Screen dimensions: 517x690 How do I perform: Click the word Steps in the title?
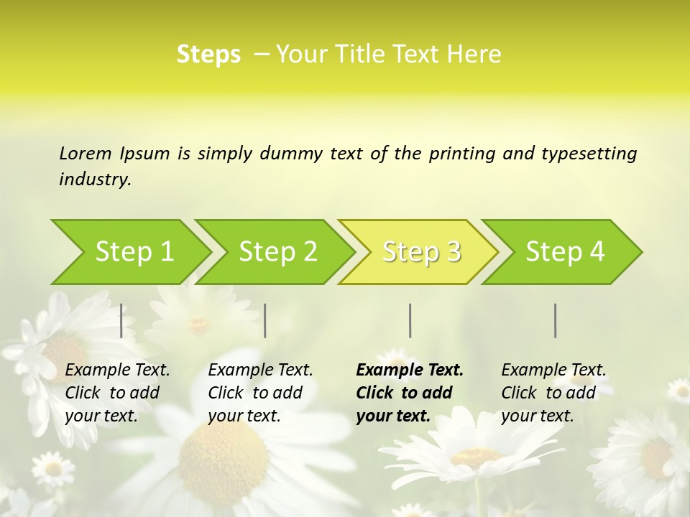click(x=208, y=55)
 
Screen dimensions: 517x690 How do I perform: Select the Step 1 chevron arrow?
click(x=129, y=252)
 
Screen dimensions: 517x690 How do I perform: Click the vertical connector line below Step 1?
click(x=121, y=320)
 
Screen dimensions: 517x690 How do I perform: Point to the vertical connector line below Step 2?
click(x=265, y=320)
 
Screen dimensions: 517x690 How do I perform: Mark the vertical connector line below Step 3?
click(x=410, y=320)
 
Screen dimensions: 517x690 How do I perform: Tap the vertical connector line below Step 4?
click(x=556, y=320)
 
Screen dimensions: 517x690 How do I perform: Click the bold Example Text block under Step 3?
click(x=409, y=393)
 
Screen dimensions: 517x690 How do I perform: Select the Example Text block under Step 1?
click(x=116, y=393)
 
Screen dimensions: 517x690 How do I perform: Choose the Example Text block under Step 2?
click(x=259, y=393)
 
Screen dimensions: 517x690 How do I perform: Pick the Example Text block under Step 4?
click(x=553, y=393)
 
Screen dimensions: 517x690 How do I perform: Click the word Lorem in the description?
click(x=85, y=153)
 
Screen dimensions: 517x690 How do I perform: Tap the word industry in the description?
click(x=94, y=180)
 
